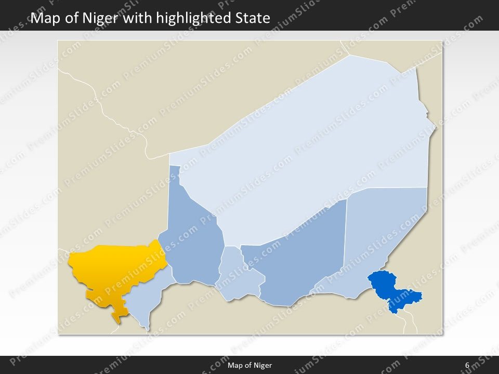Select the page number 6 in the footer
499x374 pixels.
click(467, 365)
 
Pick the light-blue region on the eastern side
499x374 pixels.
click(385, 229)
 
